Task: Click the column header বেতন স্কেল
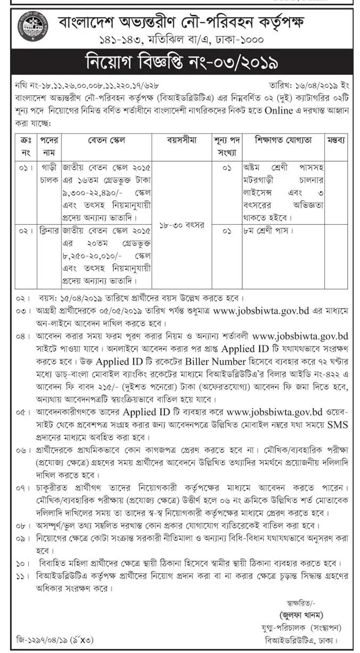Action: (107, 141)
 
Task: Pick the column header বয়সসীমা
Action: (182, 141)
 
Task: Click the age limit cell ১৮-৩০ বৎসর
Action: (182, 225)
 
